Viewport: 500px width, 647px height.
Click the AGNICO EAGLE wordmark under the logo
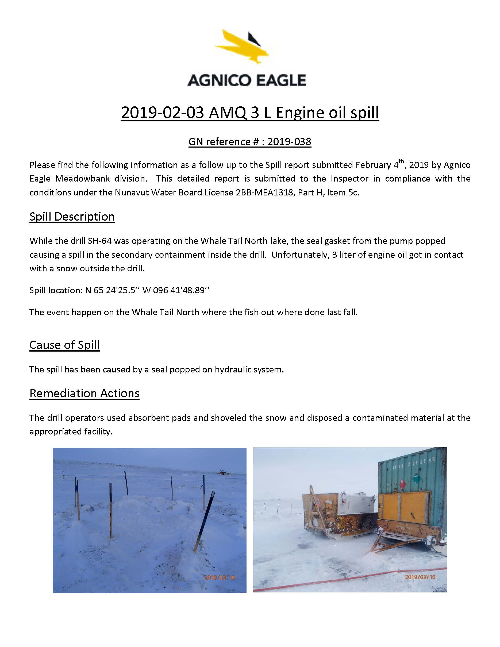click(x=247, y=80)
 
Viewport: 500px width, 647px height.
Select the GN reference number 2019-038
click(x=289, y=142)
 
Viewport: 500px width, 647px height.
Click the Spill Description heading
click(x=72, y=217)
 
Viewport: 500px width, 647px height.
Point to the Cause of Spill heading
click(x=65, y=345)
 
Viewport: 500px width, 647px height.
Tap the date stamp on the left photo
click(x=220, y=577)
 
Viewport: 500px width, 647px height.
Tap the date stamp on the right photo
click(x=420, y=577)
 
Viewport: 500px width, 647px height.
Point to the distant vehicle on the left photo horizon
click(x=224, y=473)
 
